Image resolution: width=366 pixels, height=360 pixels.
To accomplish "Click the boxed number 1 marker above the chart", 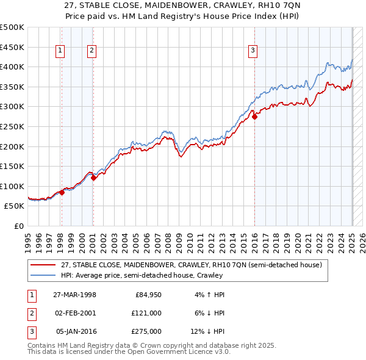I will [61, 51].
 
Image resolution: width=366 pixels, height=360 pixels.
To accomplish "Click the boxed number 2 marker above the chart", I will [91, 51].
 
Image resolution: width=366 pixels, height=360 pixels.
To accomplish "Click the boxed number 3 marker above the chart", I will [253, 51].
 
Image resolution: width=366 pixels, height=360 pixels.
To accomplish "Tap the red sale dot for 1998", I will [62, 192].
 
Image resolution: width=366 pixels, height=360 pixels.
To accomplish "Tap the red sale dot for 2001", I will [93, 178].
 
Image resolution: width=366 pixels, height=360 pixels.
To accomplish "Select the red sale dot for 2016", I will [254, 117].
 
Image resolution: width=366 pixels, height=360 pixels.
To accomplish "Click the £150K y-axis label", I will [12, 166].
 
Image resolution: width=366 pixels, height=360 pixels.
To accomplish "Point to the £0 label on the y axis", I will [18, 226].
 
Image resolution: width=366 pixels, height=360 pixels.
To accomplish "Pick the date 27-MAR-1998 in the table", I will [74, 295].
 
